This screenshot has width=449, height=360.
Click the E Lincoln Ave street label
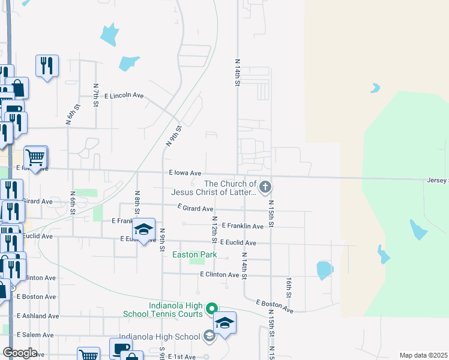point(124,95)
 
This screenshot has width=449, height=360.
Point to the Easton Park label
point(193,254)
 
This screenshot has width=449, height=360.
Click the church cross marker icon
point(265,188)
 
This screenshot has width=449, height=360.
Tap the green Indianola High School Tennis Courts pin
point(211,309)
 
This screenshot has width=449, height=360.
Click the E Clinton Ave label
point(219,275)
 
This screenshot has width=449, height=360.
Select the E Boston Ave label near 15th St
point(274,307)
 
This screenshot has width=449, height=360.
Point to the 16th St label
point(289,287)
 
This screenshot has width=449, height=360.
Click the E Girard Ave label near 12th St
point(195,208)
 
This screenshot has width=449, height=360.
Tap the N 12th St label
point(214,230)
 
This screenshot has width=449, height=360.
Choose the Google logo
point(20,353)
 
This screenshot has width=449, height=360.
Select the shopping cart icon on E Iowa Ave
point(35,158)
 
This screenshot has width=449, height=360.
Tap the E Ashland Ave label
point(37,316)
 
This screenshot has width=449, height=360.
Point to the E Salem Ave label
point(35,334)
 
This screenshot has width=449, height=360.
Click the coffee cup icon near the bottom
point(120,348)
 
